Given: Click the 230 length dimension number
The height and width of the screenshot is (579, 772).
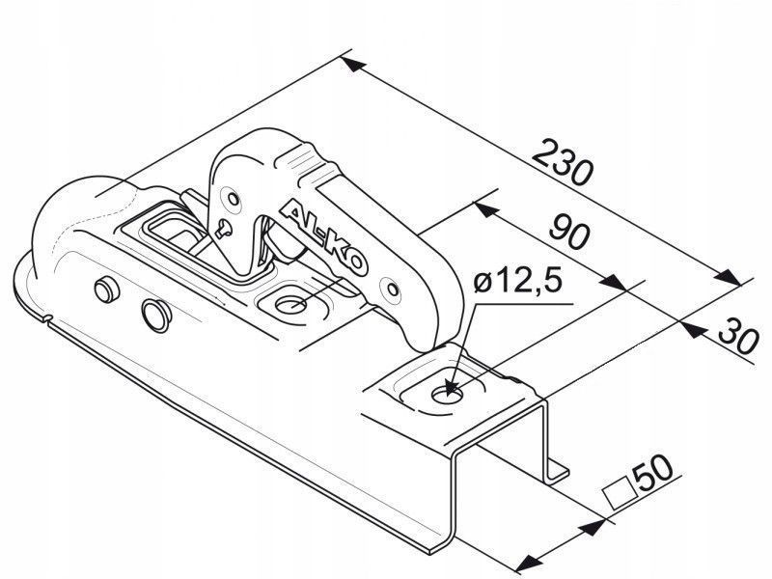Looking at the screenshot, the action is coord(563,163).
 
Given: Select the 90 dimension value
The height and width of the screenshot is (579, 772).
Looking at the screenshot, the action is coord(569,233).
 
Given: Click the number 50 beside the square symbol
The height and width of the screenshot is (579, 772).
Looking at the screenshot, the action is coord(652,475).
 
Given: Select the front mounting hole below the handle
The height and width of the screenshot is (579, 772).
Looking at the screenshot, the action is coord(291,305).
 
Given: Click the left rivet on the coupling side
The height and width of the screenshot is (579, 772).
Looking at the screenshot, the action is coord(107,289).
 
